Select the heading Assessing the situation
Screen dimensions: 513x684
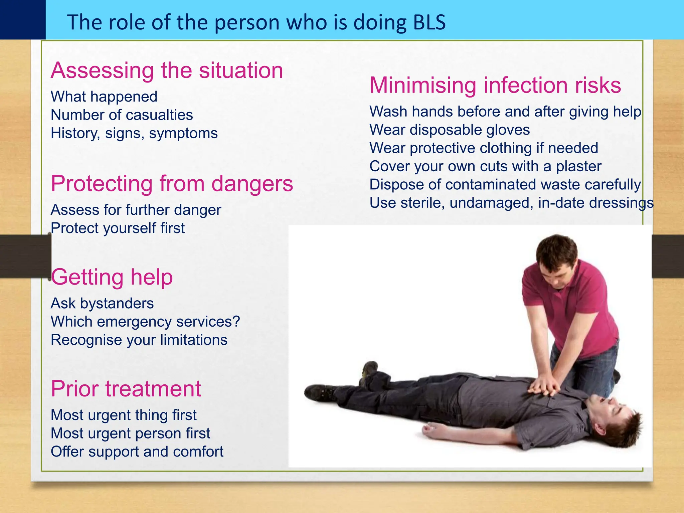[167, 70]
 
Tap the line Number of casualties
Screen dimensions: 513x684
[122, 115]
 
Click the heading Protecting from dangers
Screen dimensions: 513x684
[172, 184]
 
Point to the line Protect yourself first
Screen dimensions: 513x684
[118, 228]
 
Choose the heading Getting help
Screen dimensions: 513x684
[112, 277]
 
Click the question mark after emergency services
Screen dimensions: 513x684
[236, 322]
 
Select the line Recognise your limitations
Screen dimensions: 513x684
[139, 340]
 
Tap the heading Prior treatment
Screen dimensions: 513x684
[126, 389]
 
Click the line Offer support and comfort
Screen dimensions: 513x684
[137, 452]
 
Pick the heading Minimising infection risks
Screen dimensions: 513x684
[495, 85]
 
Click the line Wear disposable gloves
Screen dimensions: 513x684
[450, 130]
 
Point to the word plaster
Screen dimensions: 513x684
[578, 166]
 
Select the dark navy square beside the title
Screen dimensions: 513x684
[22, 19]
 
